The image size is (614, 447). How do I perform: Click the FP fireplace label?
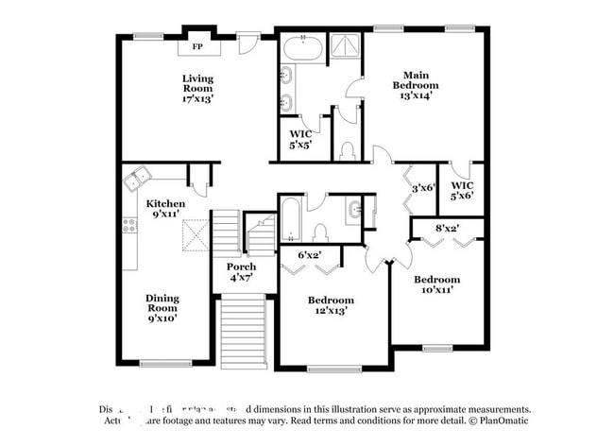[198, 46]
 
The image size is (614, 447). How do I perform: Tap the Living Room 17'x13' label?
[198, 88]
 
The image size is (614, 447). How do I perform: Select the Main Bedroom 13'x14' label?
[416, 85]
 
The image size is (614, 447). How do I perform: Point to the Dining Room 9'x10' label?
[162, 308]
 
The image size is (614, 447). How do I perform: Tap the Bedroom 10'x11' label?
[437, 284]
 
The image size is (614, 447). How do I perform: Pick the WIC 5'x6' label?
[462, 190]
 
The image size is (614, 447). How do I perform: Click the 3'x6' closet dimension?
[422, 188]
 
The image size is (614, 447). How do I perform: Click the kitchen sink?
[139, 175]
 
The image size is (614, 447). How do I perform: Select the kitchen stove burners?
[129, 226]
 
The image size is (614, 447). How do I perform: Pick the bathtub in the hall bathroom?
[291, 220]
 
